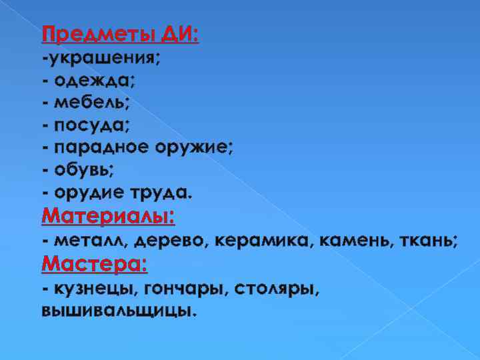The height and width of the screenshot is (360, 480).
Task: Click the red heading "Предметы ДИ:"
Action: [x=120, y=33]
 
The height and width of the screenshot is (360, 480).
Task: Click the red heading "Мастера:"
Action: [x=94, y=264]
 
